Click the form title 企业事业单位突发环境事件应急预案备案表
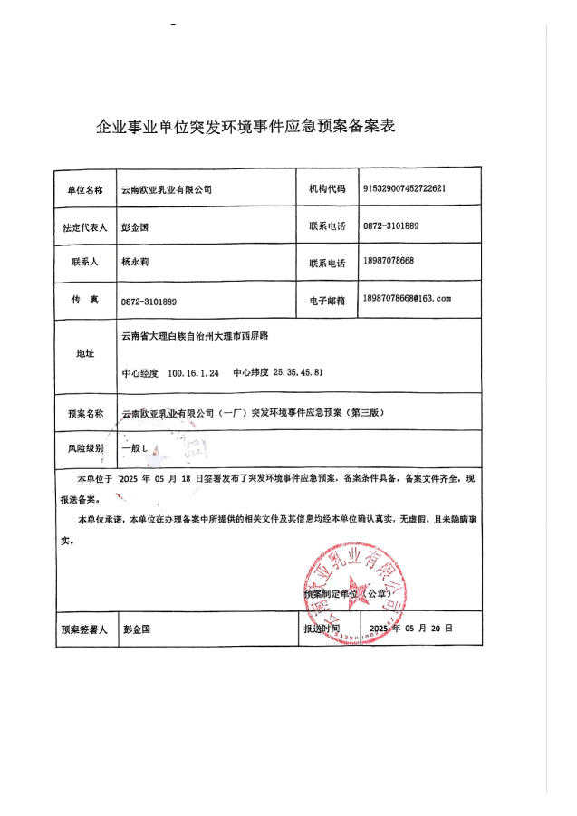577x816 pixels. pos(246,127)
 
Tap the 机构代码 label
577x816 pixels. pos(327,190)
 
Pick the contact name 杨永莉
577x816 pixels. pos(137,261)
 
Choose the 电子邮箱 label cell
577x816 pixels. pos(327,300)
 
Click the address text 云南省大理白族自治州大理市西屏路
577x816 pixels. pos(195,336)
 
